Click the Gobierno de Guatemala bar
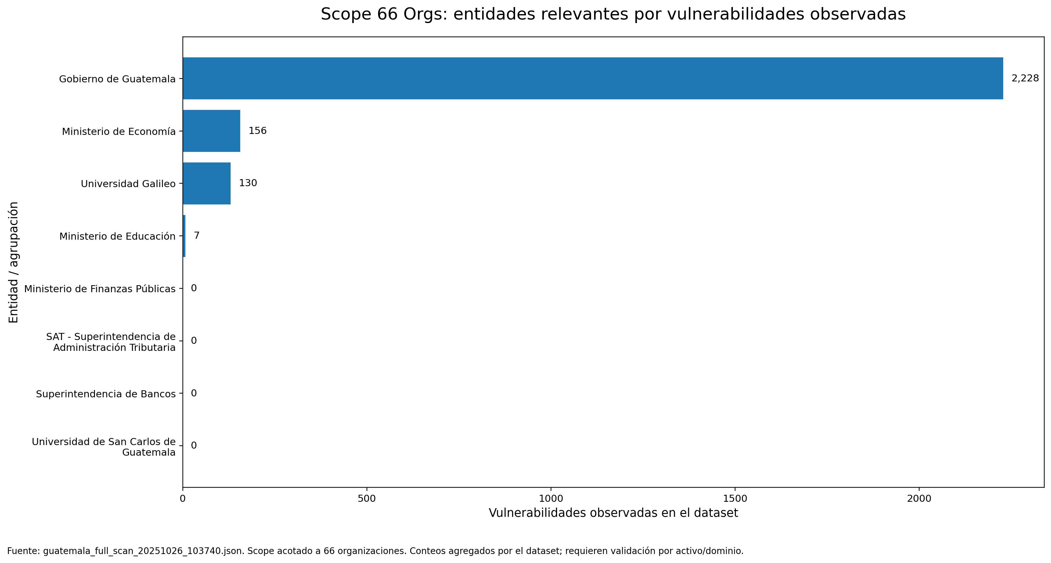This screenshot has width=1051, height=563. (x=592, y=78)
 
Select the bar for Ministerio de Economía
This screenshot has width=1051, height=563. (x=211, y=131)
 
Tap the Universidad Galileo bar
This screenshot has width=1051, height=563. (x=207, y=184)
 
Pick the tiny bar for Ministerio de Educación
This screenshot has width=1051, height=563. (x=184, y=236)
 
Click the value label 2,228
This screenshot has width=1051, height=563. (x=1025, y=78)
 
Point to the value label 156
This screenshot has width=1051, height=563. (x=258, y=131)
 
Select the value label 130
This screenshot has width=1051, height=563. (x=248, y=183)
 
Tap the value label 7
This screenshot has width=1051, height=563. (x=197, y=236)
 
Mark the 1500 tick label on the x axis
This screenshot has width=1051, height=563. (x=735, y=499)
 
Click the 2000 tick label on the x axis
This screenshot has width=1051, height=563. (x=919, y=499)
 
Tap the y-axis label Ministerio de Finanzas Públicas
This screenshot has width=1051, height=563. (x=100, y=289)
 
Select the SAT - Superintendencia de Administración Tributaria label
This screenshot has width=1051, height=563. (x=111, y=342)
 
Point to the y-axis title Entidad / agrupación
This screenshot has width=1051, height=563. (x=13, y=262)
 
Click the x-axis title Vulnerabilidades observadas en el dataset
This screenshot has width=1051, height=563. (x=613, y=513)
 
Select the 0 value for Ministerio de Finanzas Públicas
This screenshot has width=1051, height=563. (x=194, y=288)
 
